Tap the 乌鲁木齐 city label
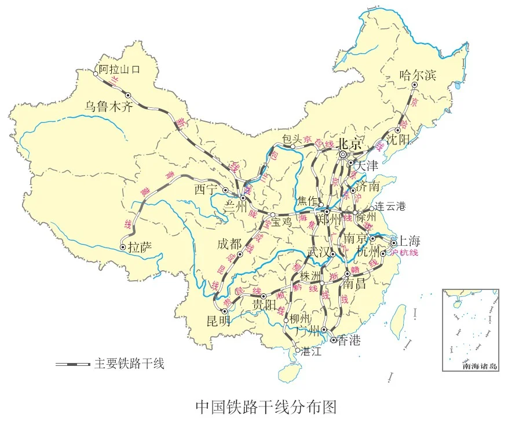tap(109, 106)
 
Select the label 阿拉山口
tap(119, 70)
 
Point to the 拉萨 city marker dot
tap(123, 247)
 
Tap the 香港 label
tap(349, 340)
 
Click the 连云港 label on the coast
tap(390, 206)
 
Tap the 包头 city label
tap(293, 139)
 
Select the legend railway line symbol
tap(73, 364)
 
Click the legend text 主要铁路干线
tap(129, 364)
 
